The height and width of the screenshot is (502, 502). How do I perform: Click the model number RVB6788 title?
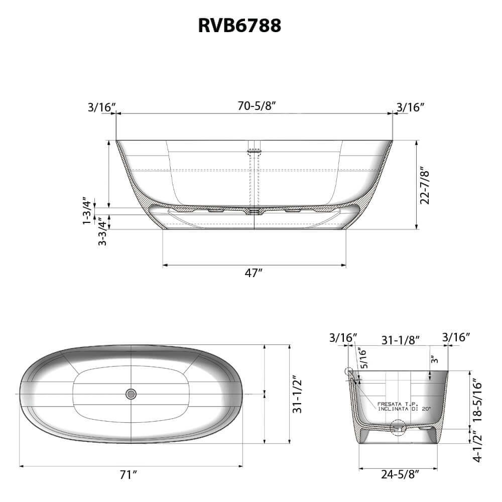point(239,26)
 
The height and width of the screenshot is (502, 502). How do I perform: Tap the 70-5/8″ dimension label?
point(257,105)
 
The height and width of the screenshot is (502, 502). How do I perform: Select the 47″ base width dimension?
point(254,273)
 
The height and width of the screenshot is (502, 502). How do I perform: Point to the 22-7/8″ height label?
point(425,185)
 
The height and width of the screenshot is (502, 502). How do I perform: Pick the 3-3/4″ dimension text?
point(102,231)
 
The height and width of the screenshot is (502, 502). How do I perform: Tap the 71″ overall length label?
point(129,475)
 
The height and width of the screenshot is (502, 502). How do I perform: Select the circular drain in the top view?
point(131,394)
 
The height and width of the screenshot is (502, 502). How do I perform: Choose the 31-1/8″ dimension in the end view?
point(401,340)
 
